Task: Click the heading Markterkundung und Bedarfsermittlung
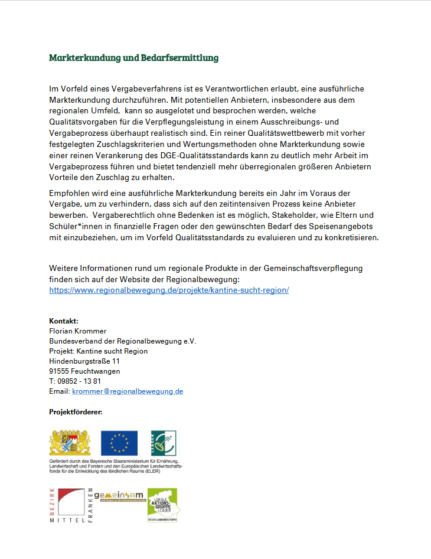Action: pos(133,58)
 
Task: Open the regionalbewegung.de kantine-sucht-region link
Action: pos(169,290)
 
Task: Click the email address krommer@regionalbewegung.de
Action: pos(128,391)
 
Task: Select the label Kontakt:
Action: pos(64,321)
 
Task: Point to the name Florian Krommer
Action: pos(78,331)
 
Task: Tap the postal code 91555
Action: pos(59,371)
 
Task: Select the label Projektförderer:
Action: pos(76,411)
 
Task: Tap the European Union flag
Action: pos(119,443)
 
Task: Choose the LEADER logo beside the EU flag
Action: pos(164,443)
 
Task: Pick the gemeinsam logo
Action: pos(119,496)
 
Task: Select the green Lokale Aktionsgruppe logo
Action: pos(162,505)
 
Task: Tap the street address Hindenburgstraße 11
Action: pos(84,361)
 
